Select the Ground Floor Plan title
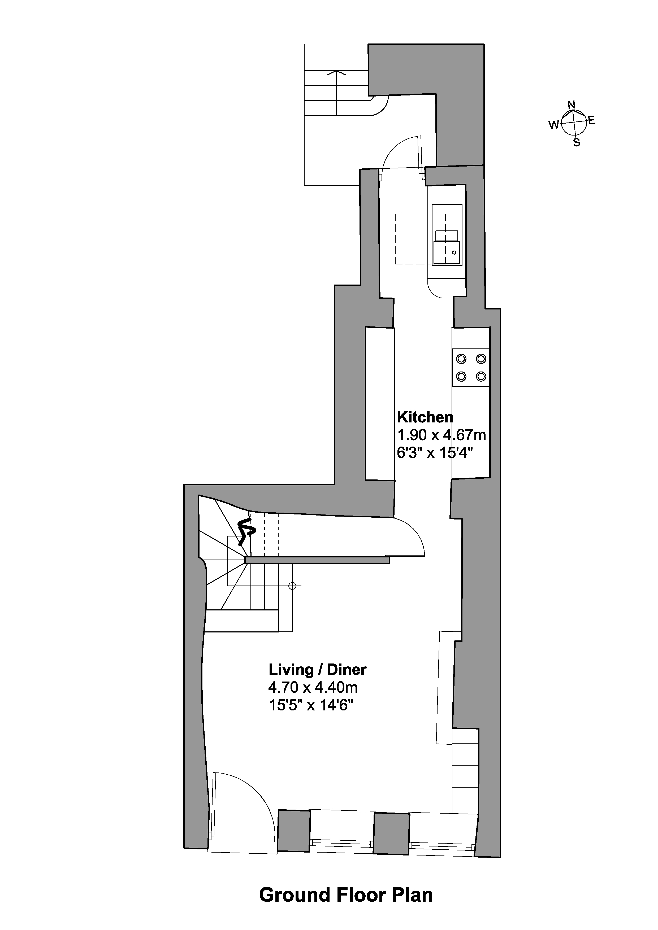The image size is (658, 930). click(346, 894)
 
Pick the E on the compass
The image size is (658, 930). click(592, 120)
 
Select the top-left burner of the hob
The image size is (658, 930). click(461, 359)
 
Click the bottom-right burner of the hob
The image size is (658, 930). click(481, 376)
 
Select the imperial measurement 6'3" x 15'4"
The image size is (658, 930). click(435, 453)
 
